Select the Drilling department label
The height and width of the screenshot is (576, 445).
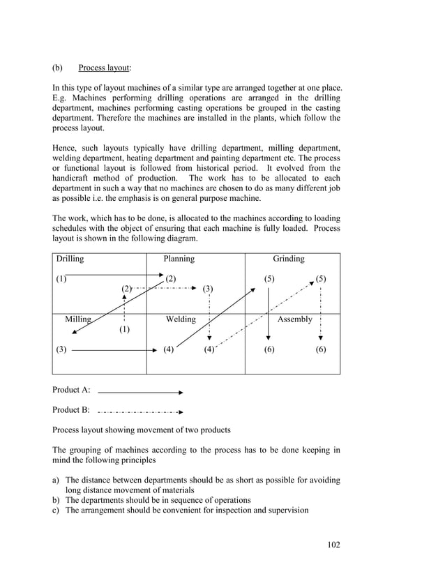[68, 259]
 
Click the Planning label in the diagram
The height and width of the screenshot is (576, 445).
[179, 259]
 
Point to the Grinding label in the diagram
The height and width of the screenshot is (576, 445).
[288, 259]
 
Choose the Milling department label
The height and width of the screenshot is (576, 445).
[78, 319]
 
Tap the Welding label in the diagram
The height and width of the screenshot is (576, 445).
[180, 319]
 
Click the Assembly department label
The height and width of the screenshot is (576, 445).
[295, 319]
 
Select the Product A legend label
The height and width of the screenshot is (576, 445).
[71, 391]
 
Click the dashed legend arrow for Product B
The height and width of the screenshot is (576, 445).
[140, 411]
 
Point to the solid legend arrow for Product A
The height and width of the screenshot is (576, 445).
[140, 392]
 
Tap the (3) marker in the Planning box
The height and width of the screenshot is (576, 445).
[208, 289]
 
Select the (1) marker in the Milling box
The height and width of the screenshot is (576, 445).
[124, 328]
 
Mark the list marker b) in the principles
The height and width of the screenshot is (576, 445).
[56, 500]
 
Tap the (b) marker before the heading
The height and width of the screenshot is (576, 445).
[57, 68]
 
